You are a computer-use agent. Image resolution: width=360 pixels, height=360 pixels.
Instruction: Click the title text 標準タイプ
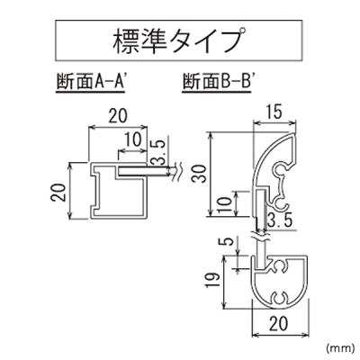[x=179, y=41]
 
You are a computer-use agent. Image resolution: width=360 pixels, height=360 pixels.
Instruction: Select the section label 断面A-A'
[x=91, y=82]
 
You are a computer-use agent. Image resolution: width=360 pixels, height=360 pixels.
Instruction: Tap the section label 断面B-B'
[x=217, y=82]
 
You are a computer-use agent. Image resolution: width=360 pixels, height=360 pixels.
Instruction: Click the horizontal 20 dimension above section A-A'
[x=118, y=116]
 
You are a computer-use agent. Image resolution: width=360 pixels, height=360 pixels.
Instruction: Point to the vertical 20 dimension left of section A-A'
[x=58, y=193]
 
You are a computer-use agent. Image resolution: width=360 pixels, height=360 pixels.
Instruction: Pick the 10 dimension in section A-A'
[x=132, y=139]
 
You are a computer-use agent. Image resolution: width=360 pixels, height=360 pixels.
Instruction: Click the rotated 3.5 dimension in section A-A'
[x=158, y=153]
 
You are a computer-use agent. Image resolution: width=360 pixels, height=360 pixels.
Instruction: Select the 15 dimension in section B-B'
[x=274, y=112]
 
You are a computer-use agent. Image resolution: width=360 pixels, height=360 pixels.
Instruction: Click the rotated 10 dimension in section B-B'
[x=227, y=204]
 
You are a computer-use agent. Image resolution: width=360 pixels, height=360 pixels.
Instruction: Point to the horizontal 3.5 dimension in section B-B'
[x=280, y=221]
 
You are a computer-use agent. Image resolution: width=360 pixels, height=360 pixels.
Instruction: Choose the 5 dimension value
[x=229, y=241]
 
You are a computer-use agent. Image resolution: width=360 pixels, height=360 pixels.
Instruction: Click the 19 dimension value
[x=212, y=281]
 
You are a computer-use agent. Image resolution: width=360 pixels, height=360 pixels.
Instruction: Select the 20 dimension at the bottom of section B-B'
[x=279, y=323]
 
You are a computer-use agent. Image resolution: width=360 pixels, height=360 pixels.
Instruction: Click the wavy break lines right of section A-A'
[x=176, y=171]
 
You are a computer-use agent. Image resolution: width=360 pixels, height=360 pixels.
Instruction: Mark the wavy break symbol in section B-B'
[x=260, y=237]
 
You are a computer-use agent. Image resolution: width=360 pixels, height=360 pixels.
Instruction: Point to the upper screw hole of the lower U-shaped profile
[x=280, y=265]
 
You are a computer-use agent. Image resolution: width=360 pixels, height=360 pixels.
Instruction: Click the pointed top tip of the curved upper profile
[x=294, y=134]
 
